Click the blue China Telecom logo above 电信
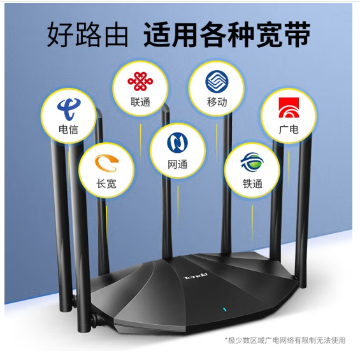[69, 109]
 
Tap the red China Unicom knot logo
[140, 82]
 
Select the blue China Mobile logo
[217, 82]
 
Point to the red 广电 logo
[289, 108]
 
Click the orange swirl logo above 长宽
[106, 163]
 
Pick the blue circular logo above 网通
[178, 143]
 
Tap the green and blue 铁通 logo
[252, 162]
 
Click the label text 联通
[140, 102]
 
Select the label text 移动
[217, 102]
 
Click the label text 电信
[68, 129]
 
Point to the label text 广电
[289, 129]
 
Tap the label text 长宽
[106, 184]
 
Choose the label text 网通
[178, 164]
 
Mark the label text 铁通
[252, 184]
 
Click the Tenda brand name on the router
[196, 276]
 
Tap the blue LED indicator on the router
[224, 310]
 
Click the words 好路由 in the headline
[87, 35]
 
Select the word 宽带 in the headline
[283, 34]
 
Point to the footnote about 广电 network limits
[285, 340]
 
